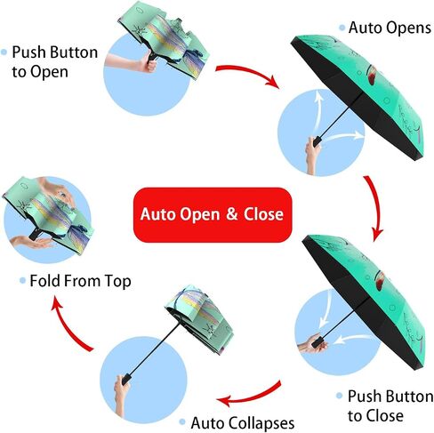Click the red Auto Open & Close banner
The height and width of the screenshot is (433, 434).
tap(213, 214)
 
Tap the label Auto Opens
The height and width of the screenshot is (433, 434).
tap(390, 28)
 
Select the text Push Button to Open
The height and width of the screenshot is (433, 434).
tap(55, 62)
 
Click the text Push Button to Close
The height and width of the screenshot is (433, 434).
tap(390, 405)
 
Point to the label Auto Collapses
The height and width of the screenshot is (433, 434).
tap(243, 423)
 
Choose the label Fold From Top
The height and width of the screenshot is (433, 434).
tap(80, 281)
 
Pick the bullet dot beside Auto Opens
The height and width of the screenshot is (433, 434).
tap(342, 28)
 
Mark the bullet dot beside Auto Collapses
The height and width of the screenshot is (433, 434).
tap(182, 421)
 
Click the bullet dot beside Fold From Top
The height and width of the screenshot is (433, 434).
tap(22, 280)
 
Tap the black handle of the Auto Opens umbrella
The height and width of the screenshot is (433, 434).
tap(317, 141)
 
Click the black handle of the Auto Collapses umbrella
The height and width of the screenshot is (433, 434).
tap(127, 380)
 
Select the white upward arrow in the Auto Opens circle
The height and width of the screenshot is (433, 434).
tap(317, 109)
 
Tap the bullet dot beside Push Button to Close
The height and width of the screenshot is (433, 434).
tap(340, 396)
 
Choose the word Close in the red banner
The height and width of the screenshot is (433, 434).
tap(263, 214)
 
